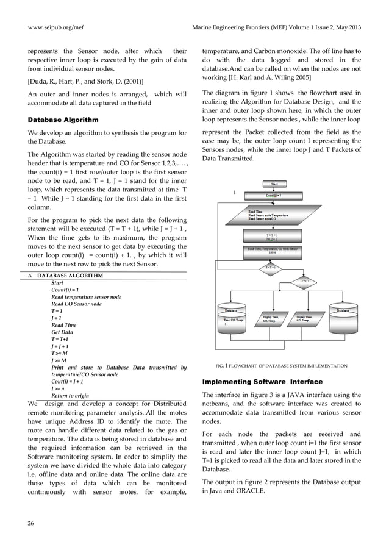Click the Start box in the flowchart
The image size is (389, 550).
tap(274, 184)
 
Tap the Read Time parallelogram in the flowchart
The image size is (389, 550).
tap(273, 215)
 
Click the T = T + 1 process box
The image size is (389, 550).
tap(273, 236)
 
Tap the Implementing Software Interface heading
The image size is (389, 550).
tap(257, 381)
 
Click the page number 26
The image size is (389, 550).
tap(32, 522)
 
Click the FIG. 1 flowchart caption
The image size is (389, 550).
tap(282, 366)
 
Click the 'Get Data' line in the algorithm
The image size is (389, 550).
tap(62, 332)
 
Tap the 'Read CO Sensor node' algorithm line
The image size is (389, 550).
tap(77, 304)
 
